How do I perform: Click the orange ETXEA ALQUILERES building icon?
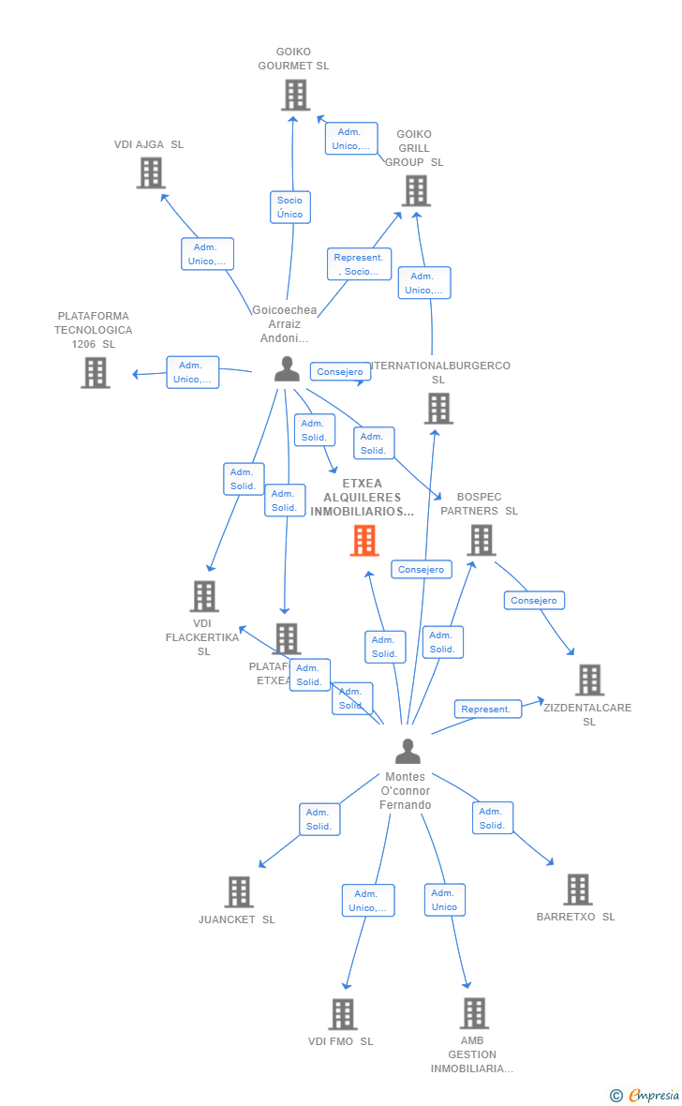click(x=364, y=541)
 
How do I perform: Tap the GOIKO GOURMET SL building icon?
click(x=295, y=95)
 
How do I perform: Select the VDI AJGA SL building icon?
click(x=151, y=173)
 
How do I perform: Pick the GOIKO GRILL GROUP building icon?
click(x=416, y=190)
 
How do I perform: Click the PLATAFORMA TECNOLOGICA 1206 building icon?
click(x=95, y=373)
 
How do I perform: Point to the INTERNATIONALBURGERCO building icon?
click(x=438, y=409)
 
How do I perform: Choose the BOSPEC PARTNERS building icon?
click(x=481, y=540)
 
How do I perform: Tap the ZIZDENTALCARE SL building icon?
click(x=589, y=680)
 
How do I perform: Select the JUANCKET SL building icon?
click(x=239, y=891)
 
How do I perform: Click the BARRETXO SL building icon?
click(x=578, y=889)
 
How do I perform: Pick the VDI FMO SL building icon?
click(x=343, y=1014)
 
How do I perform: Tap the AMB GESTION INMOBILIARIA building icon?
click(x=474, y=1013)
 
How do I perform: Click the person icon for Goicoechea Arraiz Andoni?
click(x=287, y=369)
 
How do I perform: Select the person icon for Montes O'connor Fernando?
click(x=407, y=752)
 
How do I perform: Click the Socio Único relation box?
click(x=290, y=207)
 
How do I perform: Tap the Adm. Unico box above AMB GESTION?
click(x=444, y=900)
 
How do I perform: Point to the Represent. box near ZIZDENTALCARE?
click(x=486, y=710)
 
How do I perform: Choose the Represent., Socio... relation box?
click(x=359, y=264)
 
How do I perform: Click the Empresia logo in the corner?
click(x=646, y=1095)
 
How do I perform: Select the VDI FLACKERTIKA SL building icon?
click(x=204, y=596)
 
